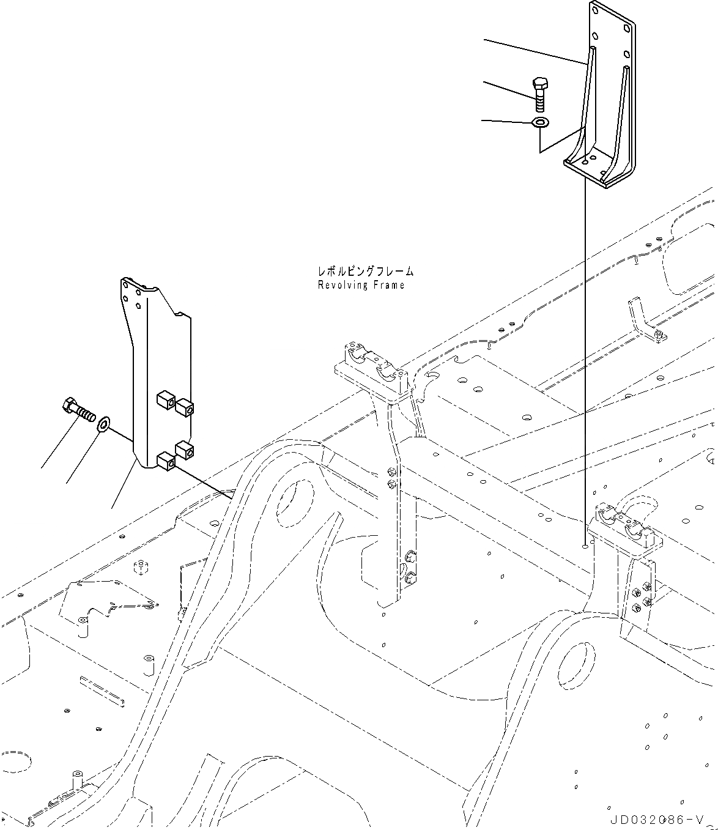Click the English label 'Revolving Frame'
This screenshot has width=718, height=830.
[x=361, y=285]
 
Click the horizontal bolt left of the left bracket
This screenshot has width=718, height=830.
[x=79, y=409]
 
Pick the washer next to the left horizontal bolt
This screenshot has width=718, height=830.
[x=104, y=423]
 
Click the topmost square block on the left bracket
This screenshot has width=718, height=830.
[x=166, y=400]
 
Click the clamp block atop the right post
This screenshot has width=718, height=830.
[x=624, y=524]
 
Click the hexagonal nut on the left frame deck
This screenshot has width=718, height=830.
[x=141, y=567]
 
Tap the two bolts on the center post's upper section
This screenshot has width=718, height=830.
[x=391, y=477]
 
